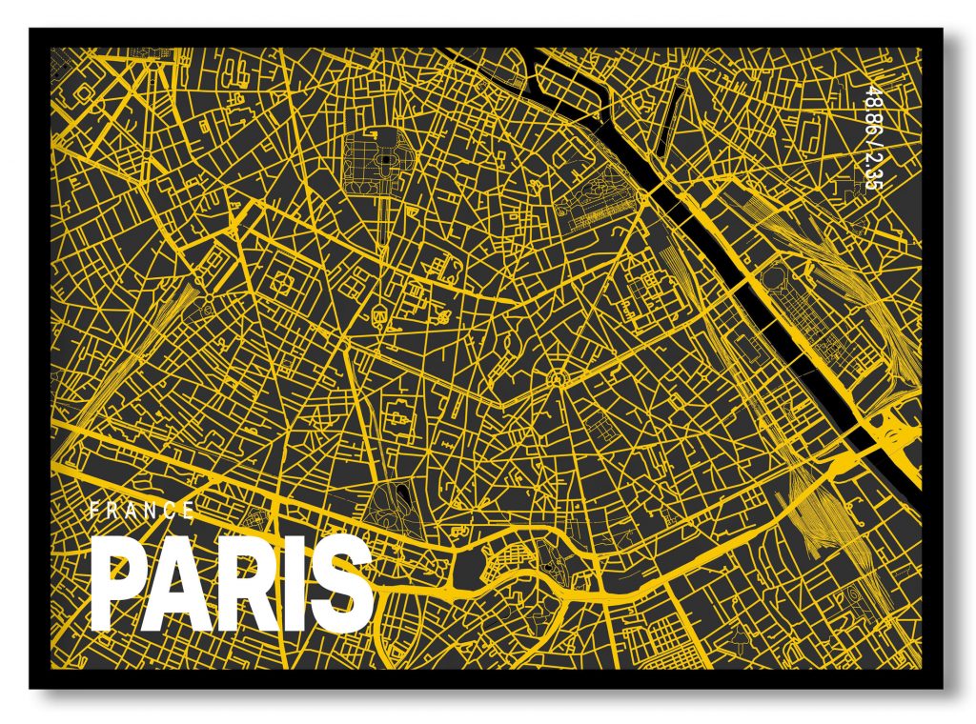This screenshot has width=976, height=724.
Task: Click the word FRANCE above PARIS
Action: point(142,511)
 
